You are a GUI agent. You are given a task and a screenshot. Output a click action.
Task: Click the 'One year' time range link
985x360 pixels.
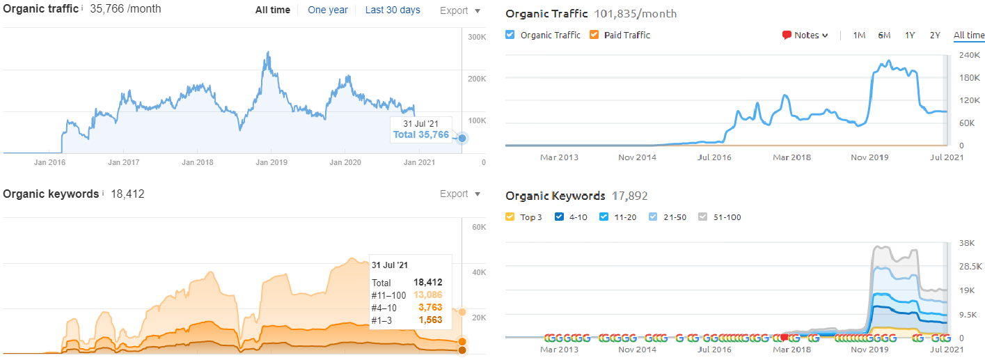pos(326,10)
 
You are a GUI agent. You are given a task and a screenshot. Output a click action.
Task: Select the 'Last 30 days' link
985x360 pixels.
pos(393,10)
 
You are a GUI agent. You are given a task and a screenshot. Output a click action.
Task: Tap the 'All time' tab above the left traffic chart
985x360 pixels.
pos(272,10)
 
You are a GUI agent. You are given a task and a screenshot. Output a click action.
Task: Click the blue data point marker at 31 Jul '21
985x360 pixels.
pos(462,138)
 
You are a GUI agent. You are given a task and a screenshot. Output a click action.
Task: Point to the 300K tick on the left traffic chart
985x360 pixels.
pos(477,36)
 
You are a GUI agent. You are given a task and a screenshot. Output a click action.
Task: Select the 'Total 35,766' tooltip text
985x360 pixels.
pos(421,134)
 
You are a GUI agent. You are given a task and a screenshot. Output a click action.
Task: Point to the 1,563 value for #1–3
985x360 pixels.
pos(430,320)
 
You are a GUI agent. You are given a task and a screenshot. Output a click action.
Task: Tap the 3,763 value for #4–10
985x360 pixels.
pos(430,307)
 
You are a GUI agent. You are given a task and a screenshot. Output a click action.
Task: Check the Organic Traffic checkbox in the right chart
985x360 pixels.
pos(510,35)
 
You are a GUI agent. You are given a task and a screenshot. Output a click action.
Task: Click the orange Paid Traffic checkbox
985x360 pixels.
pos(594,35)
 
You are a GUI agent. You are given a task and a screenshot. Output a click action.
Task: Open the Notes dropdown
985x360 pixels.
pos(805,36)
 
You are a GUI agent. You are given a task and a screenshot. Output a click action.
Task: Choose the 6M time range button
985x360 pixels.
pos(884,36)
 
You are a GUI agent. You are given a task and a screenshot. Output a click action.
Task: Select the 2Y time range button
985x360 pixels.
pos(935,36)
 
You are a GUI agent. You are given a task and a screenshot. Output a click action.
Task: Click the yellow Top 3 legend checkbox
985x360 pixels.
pos(510,217)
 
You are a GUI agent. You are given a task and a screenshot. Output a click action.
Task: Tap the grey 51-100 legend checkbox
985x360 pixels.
pos(702,217)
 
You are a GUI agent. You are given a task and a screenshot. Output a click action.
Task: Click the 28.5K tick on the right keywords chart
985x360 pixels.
pos(971,267)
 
